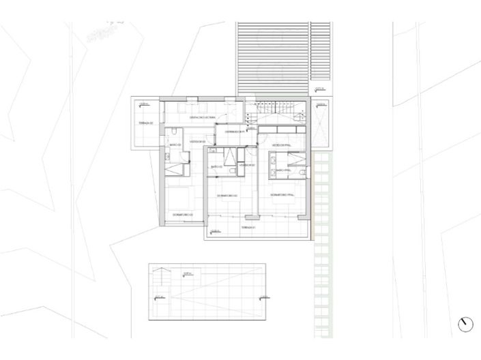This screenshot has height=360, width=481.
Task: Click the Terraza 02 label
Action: pos(147,123)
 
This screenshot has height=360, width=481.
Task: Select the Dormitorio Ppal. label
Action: pos(282,196)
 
